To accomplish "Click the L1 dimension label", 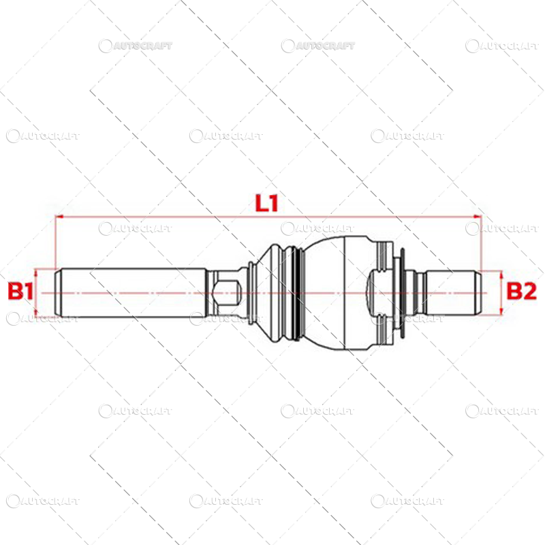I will click(x=268, y=202).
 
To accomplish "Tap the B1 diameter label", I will click(x=20, y=292).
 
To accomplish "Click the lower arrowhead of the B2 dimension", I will click(x=503, y=311).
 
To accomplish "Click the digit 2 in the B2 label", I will click(x=530, y=292).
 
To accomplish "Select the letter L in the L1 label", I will click(x=262, y=202).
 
